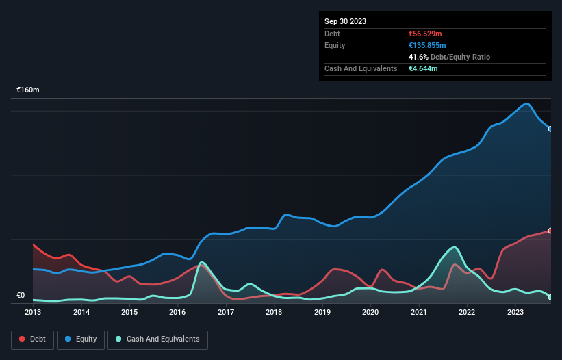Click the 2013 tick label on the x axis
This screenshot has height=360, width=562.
point(33,312)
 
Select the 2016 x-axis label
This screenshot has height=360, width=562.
point(177,312)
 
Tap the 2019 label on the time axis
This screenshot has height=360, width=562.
point(322,312)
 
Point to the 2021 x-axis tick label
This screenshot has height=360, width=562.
point(418,312)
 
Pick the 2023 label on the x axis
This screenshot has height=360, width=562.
point(515,312)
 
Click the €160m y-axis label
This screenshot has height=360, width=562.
point(28,90)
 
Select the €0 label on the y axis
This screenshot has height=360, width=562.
point(21,296)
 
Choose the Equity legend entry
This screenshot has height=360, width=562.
point(80,339)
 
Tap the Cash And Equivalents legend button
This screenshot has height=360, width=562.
point(157,339)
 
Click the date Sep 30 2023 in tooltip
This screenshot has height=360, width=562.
point(345,21)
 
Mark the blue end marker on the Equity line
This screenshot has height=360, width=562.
point(550,129)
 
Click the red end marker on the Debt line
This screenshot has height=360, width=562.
point(550,231)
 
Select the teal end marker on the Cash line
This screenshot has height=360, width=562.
point(550,297)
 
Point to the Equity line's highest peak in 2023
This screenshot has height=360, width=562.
point(526,104)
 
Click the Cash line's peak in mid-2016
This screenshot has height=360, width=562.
point(201,262)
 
